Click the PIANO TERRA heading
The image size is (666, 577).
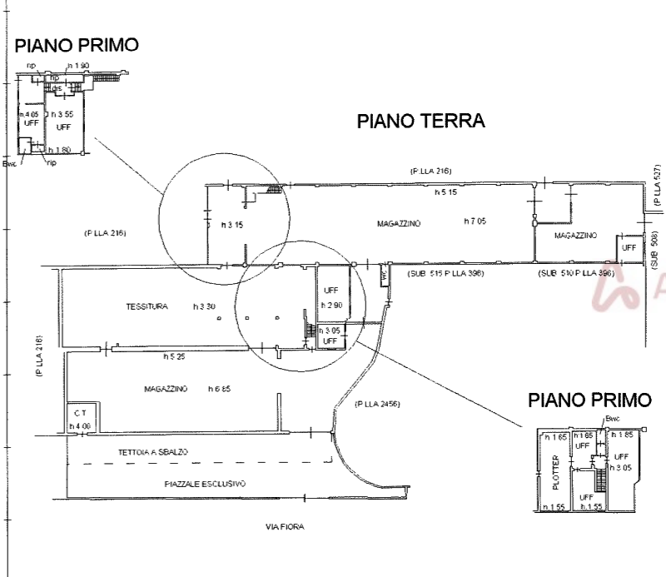coord(420,122)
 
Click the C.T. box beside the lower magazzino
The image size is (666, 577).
coord(79,413)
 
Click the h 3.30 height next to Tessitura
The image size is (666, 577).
coord(205,306)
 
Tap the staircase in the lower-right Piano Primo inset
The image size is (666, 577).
coord(596,476)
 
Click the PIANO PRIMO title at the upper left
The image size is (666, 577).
coord(76,45)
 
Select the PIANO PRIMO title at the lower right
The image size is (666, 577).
coord(589,400)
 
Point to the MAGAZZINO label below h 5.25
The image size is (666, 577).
coord(165,389)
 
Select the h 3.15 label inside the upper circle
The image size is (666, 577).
coord(231,225)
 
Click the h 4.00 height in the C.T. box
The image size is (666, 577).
coord(79,426)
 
